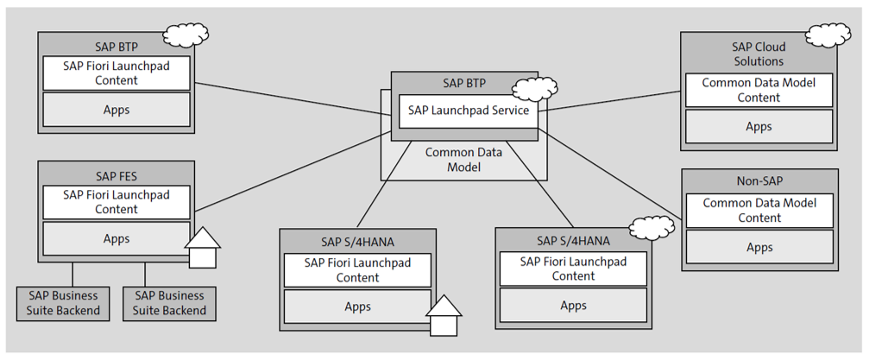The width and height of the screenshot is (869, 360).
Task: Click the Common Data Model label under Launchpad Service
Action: click(x=451, y=159)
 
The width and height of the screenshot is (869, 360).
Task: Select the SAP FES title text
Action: click(x=116, y=176)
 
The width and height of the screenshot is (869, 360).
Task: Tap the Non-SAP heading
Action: click(x=759, y=182)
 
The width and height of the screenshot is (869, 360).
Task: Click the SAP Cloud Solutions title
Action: click(x=759, y=54)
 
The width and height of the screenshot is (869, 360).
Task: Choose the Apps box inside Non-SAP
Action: click(x=759, y=247)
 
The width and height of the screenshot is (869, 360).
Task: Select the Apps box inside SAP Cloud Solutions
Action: click(x=759, y=126)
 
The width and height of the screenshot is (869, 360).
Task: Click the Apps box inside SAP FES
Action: click(x=116, y=239)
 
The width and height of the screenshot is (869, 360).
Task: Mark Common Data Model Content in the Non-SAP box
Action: click(x=759, y=211)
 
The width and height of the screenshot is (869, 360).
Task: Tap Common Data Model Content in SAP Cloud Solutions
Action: click(x=759, y=91)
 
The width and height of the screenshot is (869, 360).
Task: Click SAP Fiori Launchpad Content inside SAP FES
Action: click(x=116, y=202)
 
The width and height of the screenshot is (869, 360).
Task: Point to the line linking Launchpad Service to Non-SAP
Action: click(x=613, y=173)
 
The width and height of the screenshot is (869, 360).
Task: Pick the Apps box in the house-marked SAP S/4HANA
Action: click(x=358, y=306)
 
